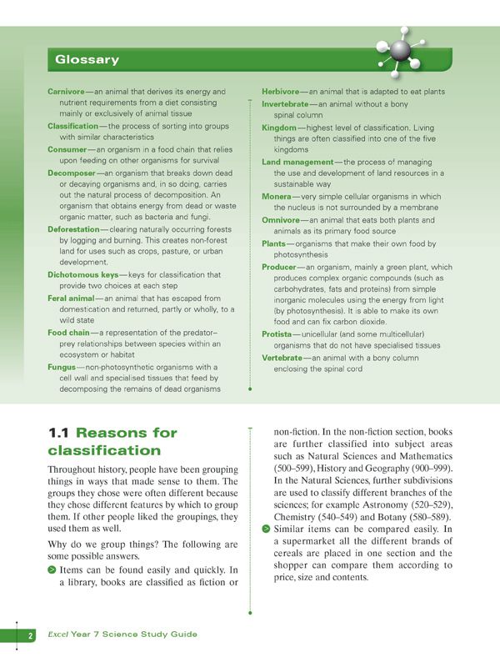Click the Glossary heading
[87, 60]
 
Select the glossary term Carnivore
[70, 91]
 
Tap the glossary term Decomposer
[74, 173]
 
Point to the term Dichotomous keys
[82, 274]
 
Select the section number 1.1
[59, 433]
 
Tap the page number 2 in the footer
[30, 635]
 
